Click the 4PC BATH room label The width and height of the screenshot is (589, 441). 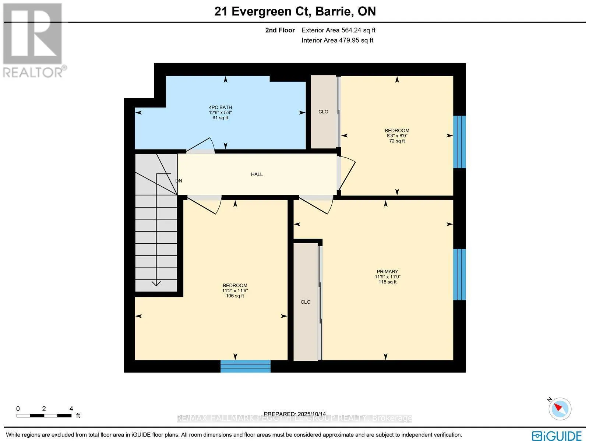220,107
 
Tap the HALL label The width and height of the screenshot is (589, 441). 257,174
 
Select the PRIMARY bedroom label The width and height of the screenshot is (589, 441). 387,272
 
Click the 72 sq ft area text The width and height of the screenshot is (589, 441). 397,141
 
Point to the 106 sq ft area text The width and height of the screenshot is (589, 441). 235,296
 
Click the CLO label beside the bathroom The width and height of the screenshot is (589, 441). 323,112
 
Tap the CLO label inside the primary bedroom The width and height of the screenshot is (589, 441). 306,302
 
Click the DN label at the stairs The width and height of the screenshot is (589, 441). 179,181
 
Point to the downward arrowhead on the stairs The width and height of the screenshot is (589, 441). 156,283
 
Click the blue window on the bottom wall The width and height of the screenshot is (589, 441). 246,366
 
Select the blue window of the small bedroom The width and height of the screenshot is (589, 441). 459,142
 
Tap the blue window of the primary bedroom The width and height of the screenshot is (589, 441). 459,274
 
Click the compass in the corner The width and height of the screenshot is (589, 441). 560,409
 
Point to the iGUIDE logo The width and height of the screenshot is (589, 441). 557,435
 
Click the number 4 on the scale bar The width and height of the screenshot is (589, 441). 71,409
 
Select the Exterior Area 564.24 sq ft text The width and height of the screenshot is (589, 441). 338,30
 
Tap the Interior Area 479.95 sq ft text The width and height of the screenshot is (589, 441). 337,40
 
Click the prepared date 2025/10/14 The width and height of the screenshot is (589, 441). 311,414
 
